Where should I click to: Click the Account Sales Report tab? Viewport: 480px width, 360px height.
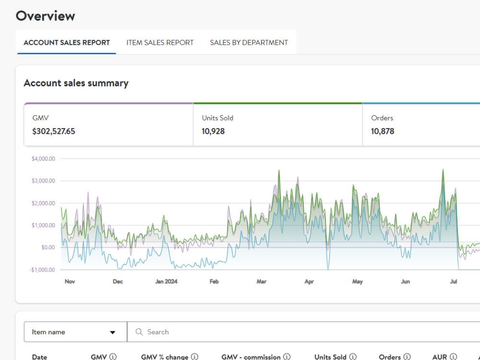(66, 43)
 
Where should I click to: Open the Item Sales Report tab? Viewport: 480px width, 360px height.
(160, 43)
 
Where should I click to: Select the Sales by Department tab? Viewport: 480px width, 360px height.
(249, 43)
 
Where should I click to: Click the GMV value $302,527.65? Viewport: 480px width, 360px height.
(54, 132)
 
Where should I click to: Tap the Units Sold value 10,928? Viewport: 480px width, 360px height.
(213, 132)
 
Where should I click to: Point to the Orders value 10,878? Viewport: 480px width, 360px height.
(383, 132)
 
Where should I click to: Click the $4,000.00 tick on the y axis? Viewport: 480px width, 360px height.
(44, 158)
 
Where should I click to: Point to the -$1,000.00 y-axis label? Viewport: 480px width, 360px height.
(42, 270)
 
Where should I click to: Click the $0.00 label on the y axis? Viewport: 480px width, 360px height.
(48, 247)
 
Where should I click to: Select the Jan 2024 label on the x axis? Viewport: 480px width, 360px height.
(166, 281)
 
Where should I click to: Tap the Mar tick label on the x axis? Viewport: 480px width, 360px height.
(262, 281)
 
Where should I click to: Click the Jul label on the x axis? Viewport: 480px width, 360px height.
(454, 281)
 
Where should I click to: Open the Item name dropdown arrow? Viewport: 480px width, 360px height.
(113, 333)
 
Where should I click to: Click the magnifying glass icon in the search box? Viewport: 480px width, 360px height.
(139, 332)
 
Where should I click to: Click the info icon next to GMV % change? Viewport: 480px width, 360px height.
(194, 357)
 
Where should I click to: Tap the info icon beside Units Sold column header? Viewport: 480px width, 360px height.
(353, 357)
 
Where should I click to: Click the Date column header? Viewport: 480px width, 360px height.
(39, 357)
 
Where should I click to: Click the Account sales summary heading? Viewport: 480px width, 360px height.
(76, 83)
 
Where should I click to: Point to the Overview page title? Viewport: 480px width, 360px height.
(45, 16)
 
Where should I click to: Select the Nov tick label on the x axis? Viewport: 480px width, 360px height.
(70, 281)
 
